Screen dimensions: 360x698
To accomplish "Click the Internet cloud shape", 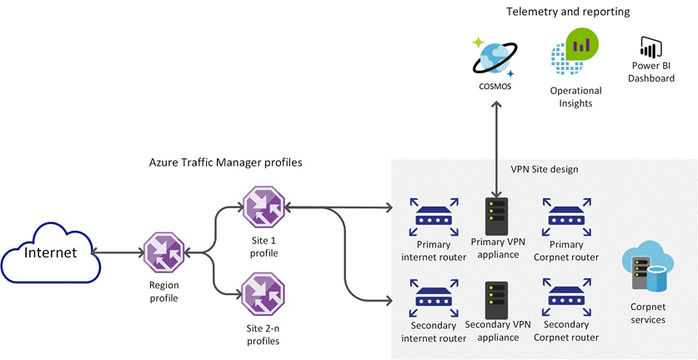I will (x=49, y=252).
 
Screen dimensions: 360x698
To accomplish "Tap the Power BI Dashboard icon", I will (x=651, y=47).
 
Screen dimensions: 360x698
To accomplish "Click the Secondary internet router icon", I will (x=431, y=297).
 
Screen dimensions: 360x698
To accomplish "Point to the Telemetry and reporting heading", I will (x=567, y=12).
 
